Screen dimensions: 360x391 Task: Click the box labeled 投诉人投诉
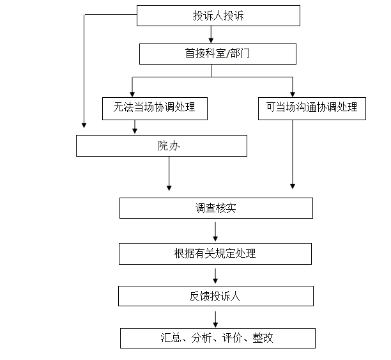coord(218,15)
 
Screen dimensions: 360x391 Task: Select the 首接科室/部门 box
coord(217,54)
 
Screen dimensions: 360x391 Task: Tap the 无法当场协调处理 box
coord(155,108)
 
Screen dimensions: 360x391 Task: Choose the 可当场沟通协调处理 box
coord(312,108)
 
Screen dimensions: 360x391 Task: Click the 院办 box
coord(161,146)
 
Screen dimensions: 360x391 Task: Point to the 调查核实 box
coord(216,208)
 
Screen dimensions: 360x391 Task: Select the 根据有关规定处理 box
coord(215,253)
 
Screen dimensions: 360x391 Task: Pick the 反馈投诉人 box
coord(215,296)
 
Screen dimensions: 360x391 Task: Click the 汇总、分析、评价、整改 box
coord(217,338)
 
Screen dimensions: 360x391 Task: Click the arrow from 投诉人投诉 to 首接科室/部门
coord(211,35)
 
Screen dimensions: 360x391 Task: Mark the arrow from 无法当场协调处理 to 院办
coord(134,127)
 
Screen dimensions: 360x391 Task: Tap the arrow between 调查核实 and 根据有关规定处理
coord(215,231)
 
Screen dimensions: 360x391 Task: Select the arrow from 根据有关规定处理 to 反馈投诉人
coord(215,275)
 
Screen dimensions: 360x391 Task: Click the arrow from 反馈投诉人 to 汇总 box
coord(215,318)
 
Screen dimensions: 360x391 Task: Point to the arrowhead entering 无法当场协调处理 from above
coord(132,93)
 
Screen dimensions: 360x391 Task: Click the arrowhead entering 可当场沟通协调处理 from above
coord(293,93)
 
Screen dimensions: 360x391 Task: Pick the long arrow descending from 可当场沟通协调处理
coord(293,153)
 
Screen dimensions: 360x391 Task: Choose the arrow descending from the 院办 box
coord(169,173)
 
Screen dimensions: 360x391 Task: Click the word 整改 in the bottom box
coord(263,338)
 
